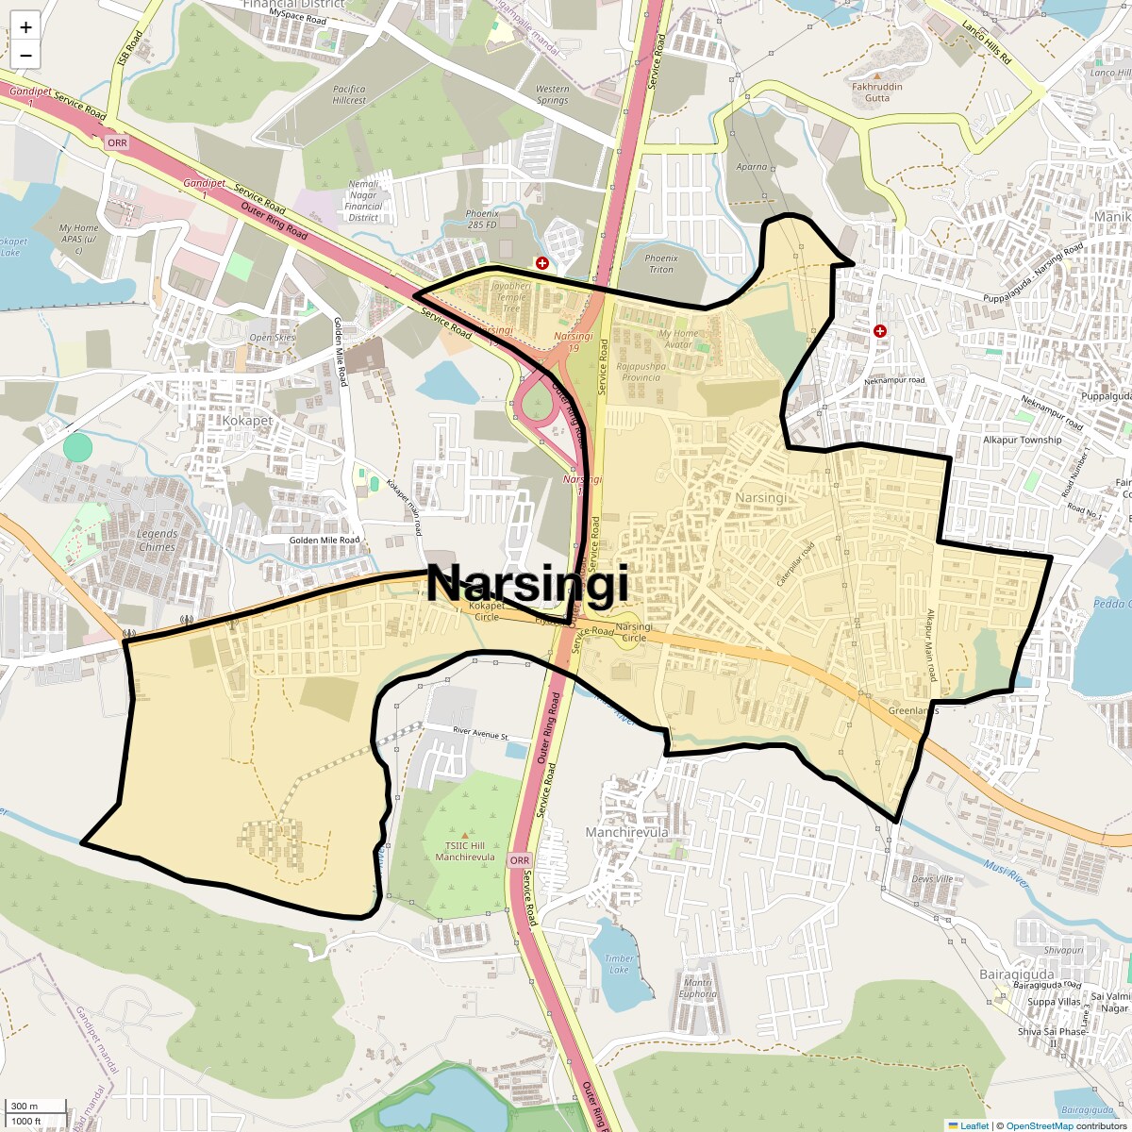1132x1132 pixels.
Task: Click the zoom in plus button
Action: pos(25,27)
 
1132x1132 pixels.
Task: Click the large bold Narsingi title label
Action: pos(526,584)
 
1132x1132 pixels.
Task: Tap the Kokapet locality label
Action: pos(247,421)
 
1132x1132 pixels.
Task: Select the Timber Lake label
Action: pos(619,964)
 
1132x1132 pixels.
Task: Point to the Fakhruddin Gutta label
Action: pos(877,92)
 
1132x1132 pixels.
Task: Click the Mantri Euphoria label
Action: pos(697,988)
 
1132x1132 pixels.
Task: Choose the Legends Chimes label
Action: pos(157,541)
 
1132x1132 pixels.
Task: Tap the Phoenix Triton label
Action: pos(661,263)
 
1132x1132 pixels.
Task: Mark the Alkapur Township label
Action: pos(1022,440)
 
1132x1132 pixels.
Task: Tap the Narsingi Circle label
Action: pos(632,632)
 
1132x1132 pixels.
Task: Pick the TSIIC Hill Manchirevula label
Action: pos(465,851)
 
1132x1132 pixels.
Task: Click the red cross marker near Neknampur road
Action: pos(880,331)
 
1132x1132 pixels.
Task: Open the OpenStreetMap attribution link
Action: pos(1039,1125)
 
